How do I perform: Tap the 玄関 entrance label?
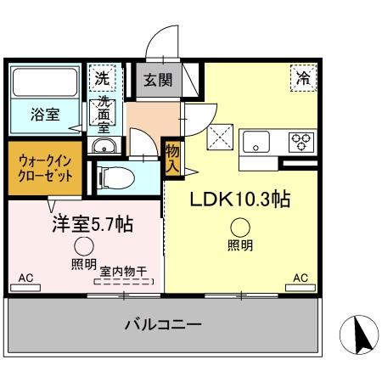(157, 81)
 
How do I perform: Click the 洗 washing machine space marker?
(102, 78)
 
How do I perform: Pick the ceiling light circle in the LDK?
(241, 227)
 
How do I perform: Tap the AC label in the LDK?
(300, 278)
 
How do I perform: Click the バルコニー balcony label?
(162, 323)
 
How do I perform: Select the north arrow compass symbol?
(357, 335)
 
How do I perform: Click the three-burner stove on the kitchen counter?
(302, 141)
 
